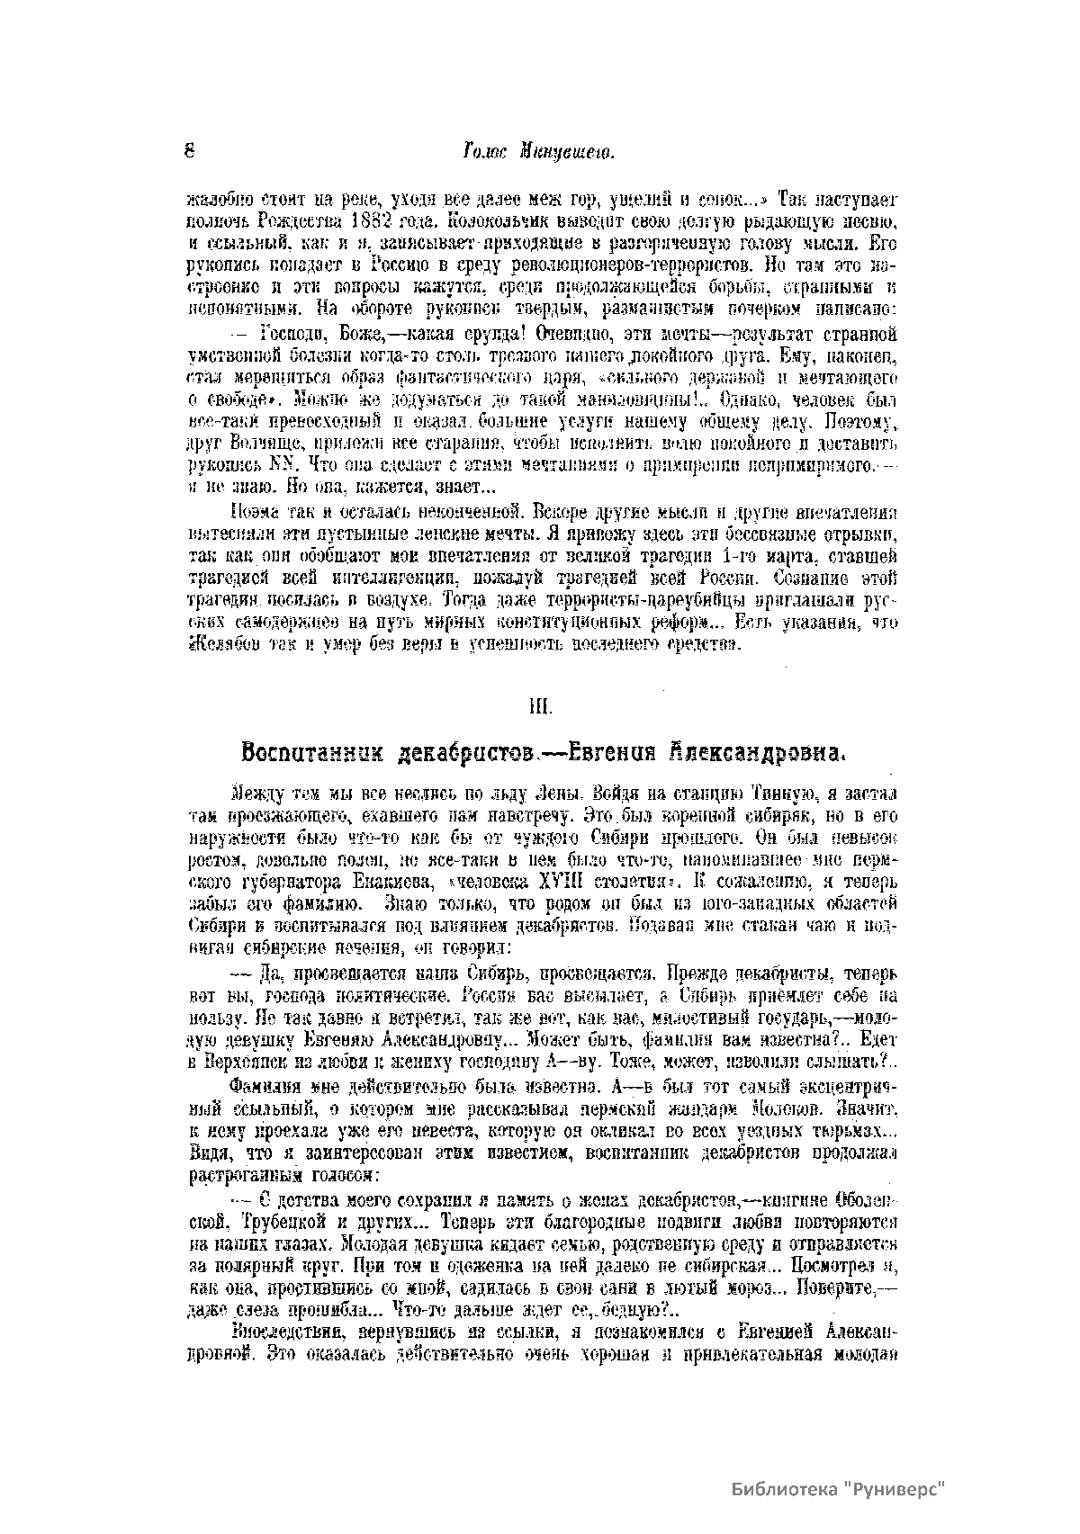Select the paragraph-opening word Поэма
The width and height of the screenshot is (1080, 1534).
coord(254,514)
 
